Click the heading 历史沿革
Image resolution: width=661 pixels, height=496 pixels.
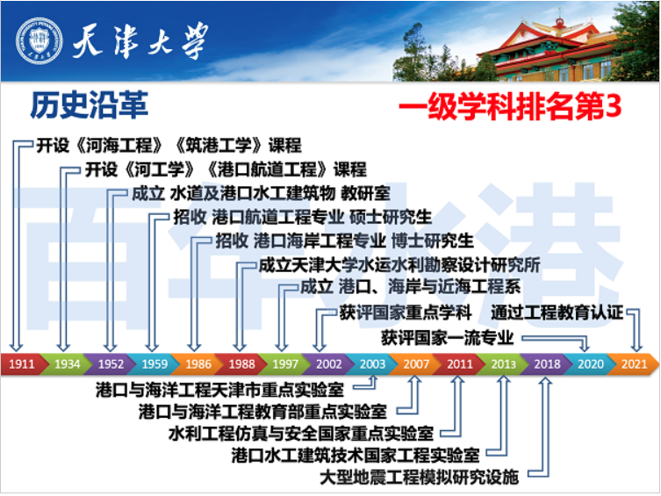click(89, 105)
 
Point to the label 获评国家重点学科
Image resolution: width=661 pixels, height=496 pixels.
click(406, 312)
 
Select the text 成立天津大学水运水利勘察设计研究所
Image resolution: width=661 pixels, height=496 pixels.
click(399, 263)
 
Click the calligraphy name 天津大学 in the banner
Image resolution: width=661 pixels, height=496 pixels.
click(142, 40)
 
